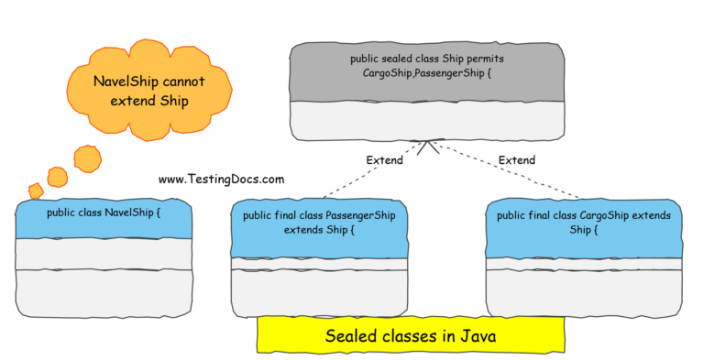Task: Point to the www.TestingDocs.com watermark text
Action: tap(221, 180)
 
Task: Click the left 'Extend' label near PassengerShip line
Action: tap(385, 160)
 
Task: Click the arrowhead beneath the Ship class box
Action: tap(427, 147)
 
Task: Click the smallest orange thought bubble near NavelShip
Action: tap(36, 191)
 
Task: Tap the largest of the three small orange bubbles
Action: tap(87, 159)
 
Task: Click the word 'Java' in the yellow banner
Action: tap(478, 336)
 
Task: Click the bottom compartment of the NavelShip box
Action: tap(104, 292)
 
